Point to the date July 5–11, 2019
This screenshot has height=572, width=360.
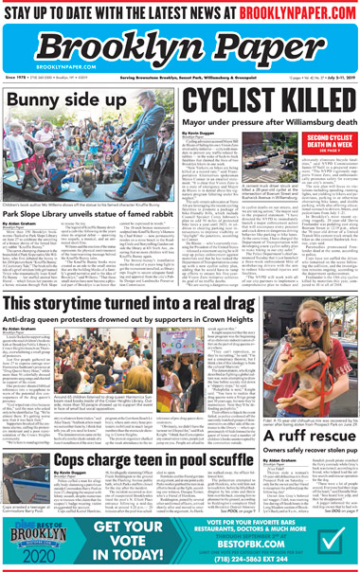[334, 78]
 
